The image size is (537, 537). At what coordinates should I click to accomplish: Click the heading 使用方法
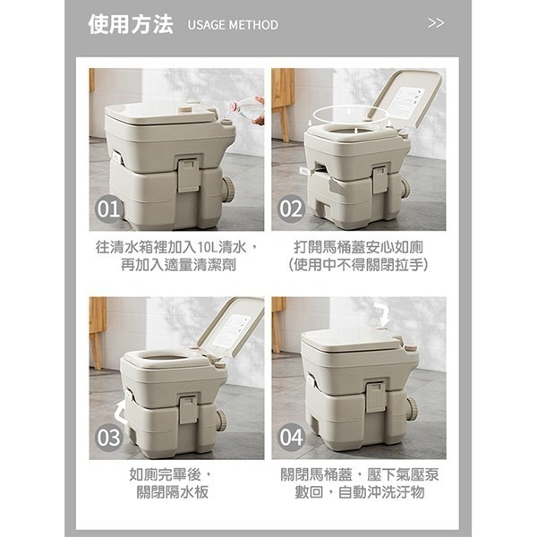pos(131,24)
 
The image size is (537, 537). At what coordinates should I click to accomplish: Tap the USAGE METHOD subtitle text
pos(233,25)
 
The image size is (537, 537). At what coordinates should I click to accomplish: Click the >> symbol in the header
pos(436,23)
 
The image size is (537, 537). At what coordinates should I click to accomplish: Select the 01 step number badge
pos(108,209)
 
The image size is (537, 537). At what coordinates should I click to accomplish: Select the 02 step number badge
pos(292,209)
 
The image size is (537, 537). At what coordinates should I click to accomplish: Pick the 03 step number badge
pos(108,439)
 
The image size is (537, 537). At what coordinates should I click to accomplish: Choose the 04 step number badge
pos(292,439)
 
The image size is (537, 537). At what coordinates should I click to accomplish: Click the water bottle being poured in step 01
pos(247,108)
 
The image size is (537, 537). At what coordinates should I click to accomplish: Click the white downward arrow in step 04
pos(383,313)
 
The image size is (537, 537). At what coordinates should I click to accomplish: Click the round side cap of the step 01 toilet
pos(228,189)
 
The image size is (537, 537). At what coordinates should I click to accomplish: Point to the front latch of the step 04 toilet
pos(376,396)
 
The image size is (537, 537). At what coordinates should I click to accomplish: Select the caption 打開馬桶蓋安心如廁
pos(360,246)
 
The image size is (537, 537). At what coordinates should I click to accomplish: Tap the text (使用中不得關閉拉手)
pos(360,265)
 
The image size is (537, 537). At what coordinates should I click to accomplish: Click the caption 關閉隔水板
pos(177,492)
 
